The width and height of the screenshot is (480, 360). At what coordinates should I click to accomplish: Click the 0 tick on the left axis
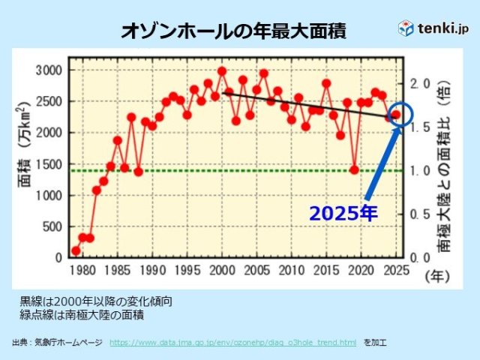point(58,257)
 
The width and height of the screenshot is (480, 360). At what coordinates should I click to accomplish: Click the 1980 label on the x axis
point(82,270)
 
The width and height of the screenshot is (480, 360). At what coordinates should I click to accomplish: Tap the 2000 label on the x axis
point(222,270)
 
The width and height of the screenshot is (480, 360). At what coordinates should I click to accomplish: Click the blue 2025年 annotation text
point(343,213)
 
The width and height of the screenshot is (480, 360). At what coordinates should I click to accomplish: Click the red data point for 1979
point(76,250)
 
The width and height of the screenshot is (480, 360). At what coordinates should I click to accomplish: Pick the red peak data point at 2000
point(222,71)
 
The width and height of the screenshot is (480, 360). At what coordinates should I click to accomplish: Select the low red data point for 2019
point(354,169)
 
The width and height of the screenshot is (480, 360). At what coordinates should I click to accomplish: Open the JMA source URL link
point(232,342)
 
